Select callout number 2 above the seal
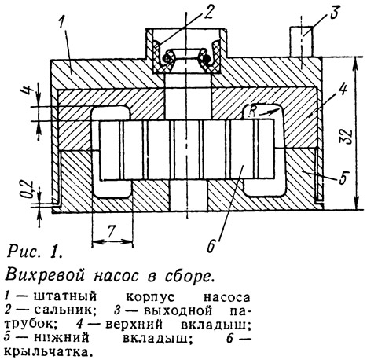click(x=208, y=12)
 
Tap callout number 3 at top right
click(x=334, y=12)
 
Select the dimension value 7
click(x=112, y=231)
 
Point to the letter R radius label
click(x=252, y=110)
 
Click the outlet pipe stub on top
click(x=301, y=41)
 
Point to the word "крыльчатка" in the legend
click(x=49, y=351)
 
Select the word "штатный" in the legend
click(x=64, y=297)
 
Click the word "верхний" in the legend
click(x=134, y=325)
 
